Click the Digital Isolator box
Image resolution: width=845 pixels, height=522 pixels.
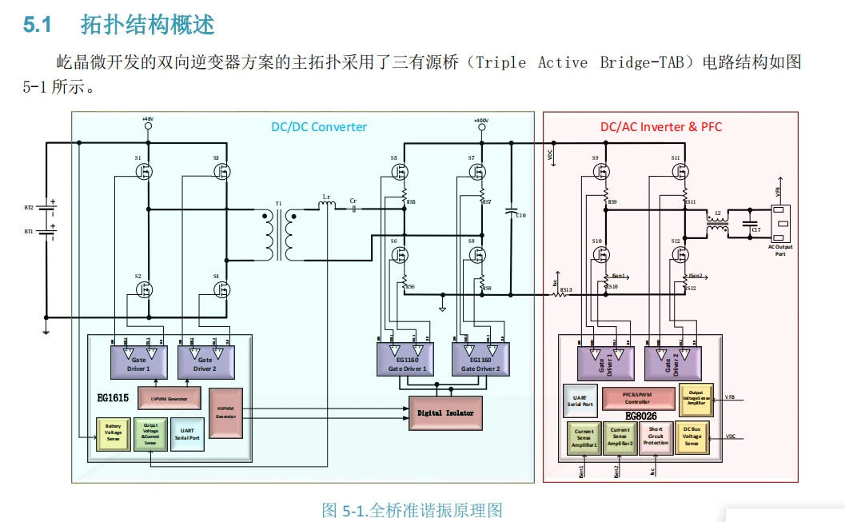click(446, 412)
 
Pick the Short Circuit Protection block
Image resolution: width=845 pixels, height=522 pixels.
click(656, 437)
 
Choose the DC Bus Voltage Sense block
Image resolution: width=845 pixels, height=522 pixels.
click(692, 437)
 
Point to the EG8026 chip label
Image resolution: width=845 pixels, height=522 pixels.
click(641, 415)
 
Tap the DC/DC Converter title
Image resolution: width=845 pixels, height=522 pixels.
click(319, 126)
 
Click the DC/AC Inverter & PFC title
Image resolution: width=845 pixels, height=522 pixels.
click(661, 126)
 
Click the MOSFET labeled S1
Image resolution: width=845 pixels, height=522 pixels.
click(145, 170)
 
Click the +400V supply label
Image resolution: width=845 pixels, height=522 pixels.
click(480, 120)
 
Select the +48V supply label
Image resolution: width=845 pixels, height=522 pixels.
click(148, 119)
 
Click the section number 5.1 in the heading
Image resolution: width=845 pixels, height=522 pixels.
click(38, 25)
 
